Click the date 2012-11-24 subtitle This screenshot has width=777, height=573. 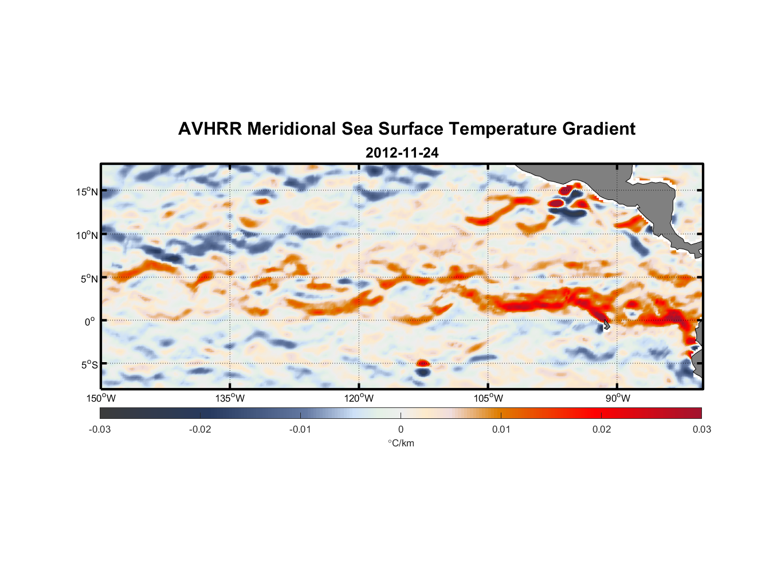402,153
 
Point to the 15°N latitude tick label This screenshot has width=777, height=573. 87,192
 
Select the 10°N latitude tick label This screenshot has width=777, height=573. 87,235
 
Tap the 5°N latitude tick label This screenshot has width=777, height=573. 89,278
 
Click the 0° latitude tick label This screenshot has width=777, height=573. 90,322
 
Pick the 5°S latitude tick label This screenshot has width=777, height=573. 89,365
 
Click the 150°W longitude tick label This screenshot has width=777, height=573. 101,398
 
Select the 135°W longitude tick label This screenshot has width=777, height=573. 230,398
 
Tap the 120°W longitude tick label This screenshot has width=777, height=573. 359,398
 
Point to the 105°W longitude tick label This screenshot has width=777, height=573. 488,398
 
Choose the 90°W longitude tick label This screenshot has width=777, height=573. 618,398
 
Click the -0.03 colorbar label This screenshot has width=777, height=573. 100,429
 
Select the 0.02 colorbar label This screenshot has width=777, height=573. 602,429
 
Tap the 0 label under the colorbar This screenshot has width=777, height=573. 401,429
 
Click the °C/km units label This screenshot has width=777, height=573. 401,443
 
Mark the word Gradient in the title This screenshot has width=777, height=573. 599,129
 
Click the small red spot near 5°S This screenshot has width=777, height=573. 422,363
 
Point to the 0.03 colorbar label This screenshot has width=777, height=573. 701,429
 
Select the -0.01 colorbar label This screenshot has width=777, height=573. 300,429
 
